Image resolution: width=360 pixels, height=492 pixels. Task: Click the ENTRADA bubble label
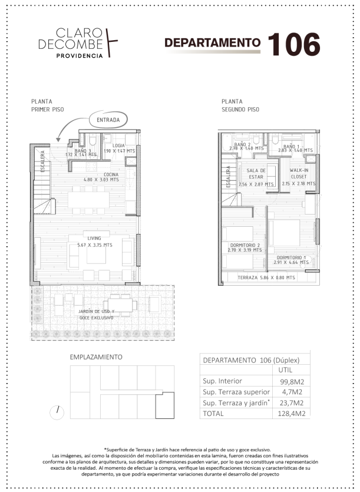[108, 120]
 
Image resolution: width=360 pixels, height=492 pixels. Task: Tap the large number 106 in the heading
[294, 45]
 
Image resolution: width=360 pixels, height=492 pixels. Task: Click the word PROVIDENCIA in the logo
[80, 56]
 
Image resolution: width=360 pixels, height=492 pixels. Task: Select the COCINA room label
[111, 174]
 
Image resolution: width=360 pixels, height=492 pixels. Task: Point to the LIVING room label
[94, 238]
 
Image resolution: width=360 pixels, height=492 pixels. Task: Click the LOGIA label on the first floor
[118, 146]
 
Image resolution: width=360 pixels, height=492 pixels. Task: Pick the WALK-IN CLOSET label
[299, 173]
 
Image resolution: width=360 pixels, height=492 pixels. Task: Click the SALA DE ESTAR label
[256, 173]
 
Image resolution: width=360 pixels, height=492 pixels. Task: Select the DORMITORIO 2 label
[245, 245]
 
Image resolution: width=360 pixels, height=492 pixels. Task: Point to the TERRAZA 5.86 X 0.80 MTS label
[266, 278]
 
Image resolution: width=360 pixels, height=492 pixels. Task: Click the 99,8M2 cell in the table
[292, 382]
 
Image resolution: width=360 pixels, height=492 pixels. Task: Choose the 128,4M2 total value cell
[292, 414]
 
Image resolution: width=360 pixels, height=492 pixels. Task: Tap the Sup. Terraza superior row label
[236, 392]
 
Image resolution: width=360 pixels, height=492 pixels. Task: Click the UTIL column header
[285, 370]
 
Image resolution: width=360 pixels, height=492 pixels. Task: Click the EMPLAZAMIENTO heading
[96, 357]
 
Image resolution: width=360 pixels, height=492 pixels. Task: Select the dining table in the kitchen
[89, 200]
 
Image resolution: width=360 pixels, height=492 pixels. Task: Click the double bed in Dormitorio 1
[285, 233]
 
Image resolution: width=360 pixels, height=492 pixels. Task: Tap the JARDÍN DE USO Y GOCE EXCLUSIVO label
[97, 315]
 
